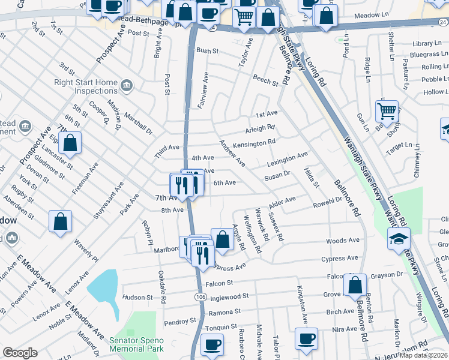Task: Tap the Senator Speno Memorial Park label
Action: point(136,343)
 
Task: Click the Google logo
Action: point(20,353)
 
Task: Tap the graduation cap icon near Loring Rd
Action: point(399,239)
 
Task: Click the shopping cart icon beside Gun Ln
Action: point(387,110)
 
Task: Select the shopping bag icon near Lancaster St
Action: point(70,143)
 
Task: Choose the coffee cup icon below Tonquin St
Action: point(211,344)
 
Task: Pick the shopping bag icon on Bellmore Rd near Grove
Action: point(355,285)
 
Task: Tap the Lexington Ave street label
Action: point(287,159)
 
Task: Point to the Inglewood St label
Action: point(229,296)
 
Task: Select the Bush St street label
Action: point(207,52)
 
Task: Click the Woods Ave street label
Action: point(343,241)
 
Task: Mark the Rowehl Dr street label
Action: point(327,204)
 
